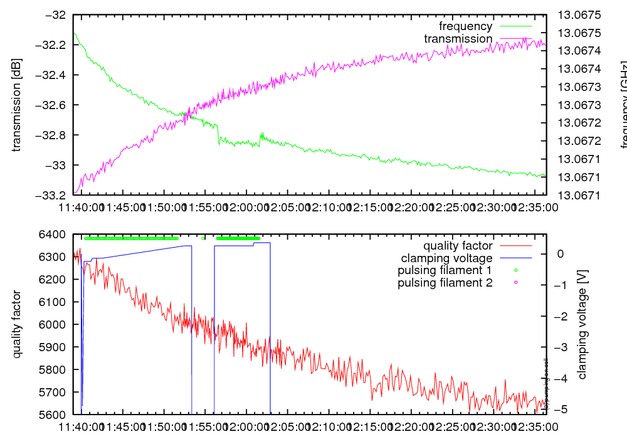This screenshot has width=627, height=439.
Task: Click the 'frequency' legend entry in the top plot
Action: coord(465,26)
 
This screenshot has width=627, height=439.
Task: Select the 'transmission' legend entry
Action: coord(458,39)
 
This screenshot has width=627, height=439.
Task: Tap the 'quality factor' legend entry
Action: coord(458,246)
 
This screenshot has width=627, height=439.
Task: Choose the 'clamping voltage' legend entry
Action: coord(446,258)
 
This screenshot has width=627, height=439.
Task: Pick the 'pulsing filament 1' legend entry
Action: coord(445,270)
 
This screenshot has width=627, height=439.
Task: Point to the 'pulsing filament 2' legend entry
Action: coord(445,283)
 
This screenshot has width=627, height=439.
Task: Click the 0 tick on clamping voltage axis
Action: coord(561,254)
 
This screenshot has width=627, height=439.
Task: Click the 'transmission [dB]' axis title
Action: coord(17,105)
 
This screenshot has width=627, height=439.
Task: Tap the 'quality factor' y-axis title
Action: coord(17,324)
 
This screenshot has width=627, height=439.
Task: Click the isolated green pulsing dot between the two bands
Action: coord(203,238)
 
